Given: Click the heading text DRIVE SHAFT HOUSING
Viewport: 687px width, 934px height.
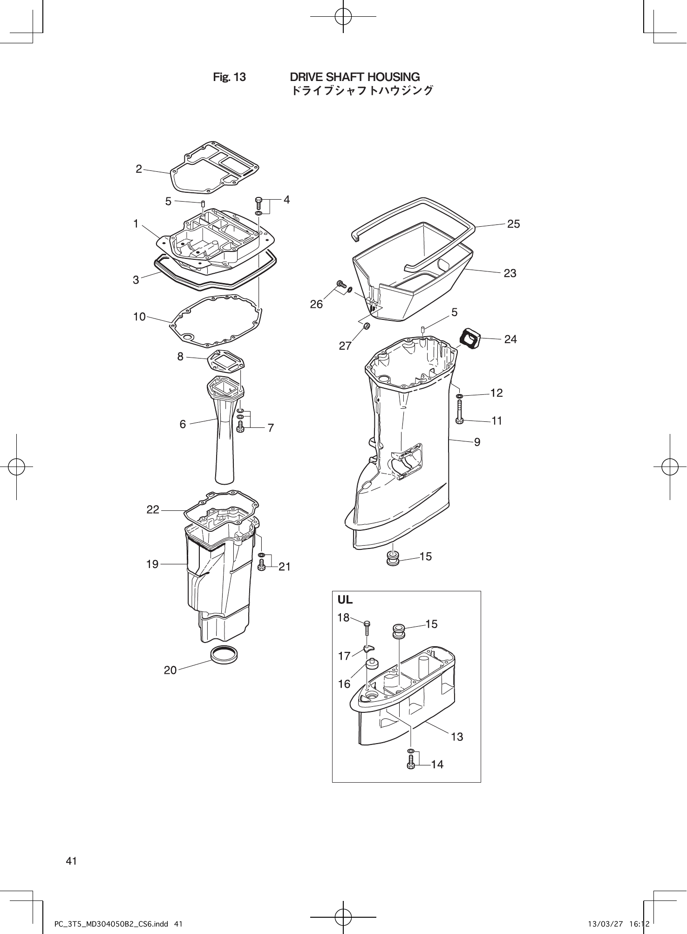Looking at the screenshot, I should click(354, 77).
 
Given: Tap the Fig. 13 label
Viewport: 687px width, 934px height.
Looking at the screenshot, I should click(229, 77).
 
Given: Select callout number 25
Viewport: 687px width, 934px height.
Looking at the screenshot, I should click(513, 224).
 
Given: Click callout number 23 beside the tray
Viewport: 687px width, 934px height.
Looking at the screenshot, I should click(510, 273).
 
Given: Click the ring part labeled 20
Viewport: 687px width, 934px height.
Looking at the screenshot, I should click(224, 655).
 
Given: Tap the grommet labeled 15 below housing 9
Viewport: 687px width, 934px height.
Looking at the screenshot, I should click(394, 558).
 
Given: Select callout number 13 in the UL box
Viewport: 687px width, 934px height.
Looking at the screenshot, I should click(457, 737).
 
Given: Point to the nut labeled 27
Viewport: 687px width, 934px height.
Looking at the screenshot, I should click(367, 325).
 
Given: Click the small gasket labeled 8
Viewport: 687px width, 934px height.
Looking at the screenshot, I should click(226, 363).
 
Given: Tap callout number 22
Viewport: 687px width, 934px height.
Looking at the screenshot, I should click(153, 510).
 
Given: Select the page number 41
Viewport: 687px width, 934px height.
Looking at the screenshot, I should click(71, 861).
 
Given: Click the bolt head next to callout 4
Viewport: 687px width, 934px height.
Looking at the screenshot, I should click(259, 202).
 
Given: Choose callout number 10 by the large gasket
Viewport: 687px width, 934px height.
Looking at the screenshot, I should click(139, 317).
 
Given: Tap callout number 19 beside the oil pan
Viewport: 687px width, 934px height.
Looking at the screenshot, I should click(152, 564).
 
